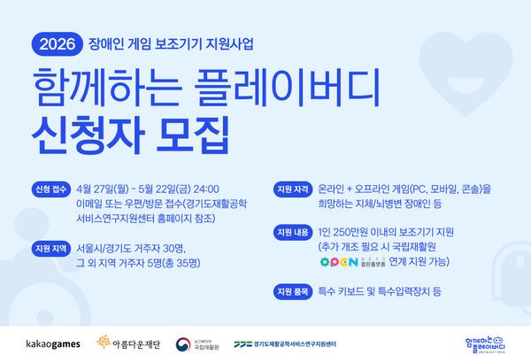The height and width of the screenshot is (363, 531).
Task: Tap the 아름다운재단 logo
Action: pyautogui.click(x=133, y=342)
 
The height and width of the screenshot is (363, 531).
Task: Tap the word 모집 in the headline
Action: pyautogui.click(x=191, y=139)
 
